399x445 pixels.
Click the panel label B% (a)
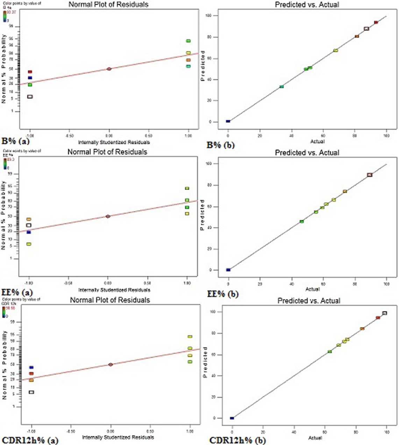(x=16, y=141)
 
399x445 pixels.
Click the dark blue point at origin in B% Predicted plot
(x=228, y=121)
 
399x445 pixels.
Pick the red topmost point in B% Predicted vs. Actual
(x=376, y=22)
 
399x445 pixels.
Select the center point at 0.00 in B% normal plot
(x=109, y=69)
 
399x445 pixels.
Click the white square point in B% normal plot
(x=30, y=96)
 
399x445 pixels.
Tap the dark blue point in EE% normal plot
(x=29, y=232)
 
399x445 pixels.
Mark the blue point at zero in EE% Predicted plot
(x=228, y=270)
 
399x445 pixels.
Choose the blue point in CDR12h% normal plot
(x=31, y=367)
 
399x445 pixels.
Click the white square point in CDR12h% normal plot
(x=31, y=392)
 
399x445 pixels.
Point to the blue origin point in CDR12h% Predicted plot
(x=232, y=418)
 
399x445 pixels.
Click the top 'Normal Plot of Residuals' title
(x=108, y=5)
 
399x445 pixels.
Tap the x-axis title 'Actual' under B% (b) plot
(x=317, y=141)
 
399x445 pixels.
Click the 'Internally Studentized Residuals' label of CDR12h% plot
(x=118, y=437)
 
